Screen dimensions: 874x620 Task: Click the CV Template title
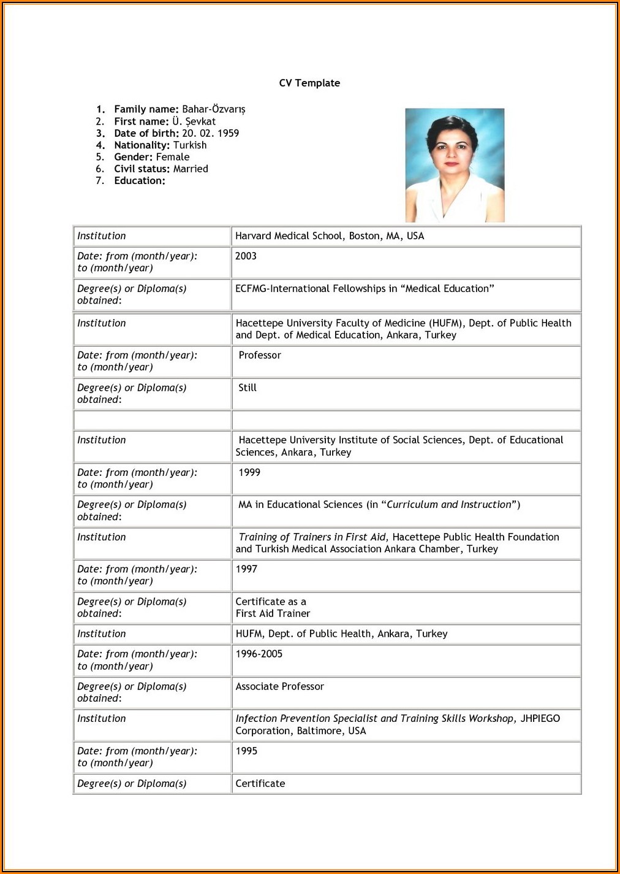309,83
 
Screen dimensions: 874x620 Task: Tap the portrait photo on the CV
455,165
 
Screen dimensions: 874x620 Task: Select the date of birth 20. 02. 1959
210,133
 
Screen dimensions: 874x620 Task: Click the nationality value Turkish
190,145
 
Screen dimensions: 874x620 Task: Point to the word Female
173,157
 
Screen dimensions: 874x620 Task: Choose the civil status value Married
191,169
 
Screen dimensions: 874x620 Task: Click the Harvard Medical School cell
330,236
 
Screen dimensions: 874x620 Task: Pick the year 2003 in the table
246,256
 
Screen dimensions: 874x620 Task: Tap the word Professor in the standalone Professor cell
260,355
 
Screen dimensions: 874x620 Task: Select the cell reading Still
248,388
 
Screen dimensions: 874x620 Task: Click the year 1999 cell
249,473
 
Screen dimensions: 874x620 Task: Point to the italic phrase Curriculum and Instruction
449,505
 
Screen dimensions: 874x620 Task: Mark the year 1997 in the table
246,569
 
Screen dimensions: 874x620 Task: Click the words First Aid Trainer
273,613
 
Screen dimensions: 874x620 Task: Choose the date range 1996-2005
259,654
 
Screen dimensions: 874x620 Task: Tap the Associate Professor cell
280,686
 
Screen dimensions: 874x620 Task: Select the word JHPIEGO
540,718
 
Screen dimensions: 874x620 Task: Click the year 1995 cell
246,751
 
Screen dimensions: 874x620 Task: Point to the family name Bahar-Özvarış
213,109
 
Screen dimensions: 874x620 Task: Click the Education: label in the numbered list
140,181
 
